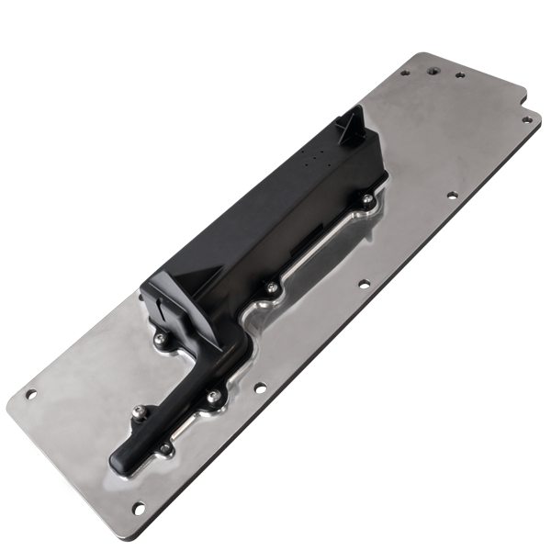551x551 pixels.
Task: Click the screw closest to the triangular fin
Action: click(x=367, y=198)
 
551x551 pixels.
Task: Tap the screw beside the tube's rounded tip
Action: click(x=163, y=449)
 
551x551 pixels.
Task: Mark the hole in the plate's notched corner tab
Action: click(x=526, y=118)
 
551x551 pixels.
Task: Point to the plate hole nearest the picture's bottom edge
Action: click(x=138, y=507)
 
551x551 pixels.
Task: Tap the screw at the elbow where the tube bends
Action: click(x=213, y=396)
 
